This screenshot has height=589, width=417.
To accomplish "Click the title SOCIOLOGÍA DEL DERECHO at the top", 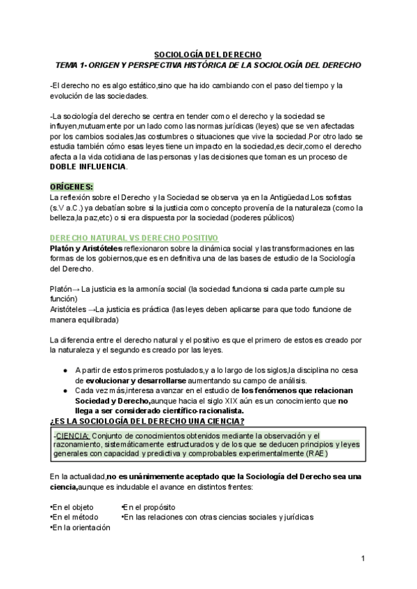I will coord(208,54).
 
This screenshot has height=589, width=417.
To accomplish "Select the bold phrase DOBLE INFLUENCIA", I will coord(88,167).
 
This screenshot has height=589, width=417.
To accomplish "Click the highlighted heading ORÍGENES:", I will coord(72,187).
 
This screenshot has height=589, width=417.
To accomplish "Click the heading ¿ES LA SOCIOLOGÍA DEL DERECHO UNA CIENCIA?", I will coord(147,421).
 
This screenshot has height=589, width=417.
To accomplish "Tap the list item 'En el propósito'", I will coord(149,507).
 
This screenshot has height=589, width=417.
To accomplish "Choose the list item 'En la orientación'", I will coord(81,528).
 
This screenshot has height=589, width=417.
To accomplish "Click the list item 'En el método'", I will coord(74,517).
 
